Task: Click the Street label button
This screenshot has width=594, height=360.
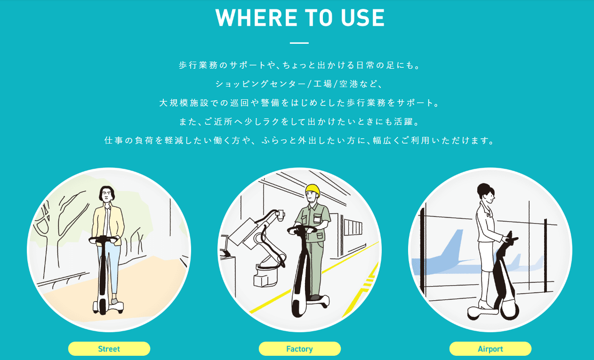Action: (109, 349)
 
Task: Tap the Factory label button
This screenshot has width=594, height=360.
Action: (300, 349)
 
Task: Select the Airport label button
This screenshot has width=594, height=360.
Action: (490, 349)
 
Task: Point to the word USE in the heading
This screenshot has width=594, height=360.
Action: (362, 18)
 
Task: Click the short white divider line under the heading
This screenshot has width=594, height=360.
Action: (299, 43)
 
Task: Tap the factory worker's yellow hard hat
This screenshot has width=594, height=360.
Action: (313, 190)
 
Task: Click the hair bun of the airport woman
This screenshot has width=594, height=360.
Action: (483, 189)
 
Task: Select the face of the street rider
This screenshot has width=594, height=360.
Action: (107, 195)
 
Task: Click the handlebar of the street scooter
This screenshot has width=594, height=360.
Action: (104, 240)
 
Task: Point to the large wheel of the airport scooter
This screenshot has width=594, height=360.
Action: (509, 310)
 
